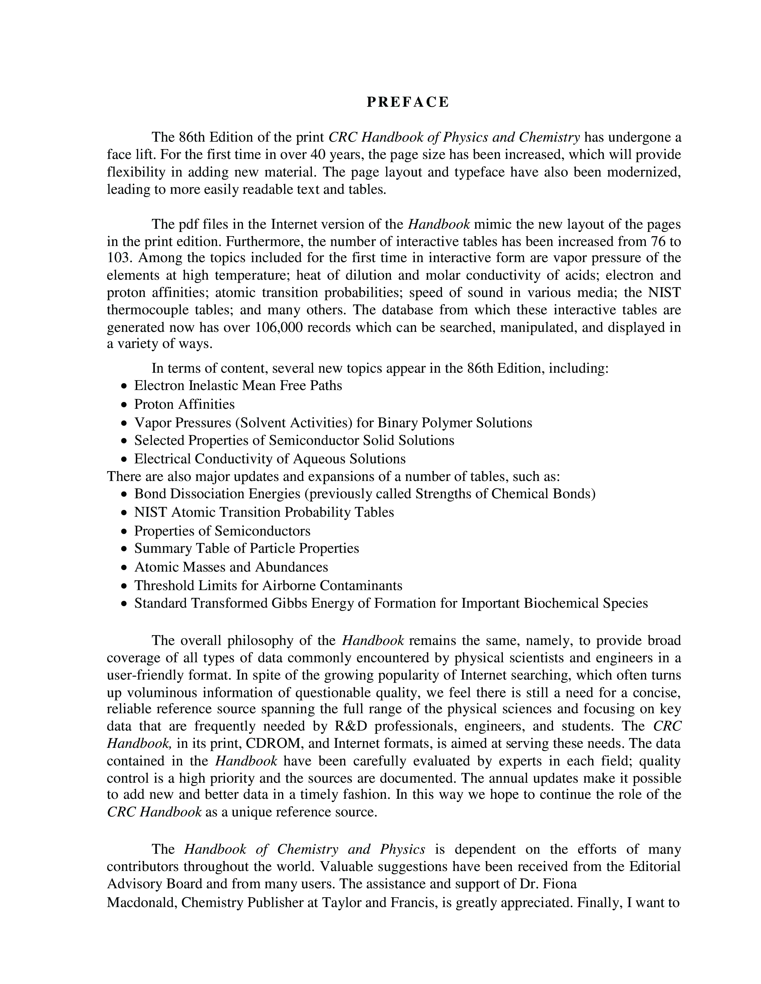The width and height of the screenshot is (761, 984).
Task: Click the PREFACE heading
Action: (408, 102)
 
